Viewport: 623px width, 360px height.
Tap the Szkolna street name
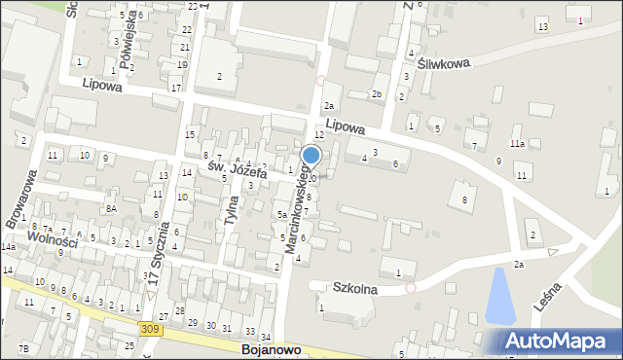(x=356, y=288)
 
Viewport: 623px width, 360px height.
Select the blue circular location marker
(x=311, y=155)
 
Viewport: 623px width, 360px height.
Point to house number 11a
(x=517, y=143)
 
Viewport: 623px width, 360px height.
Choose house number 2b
(x=377, y=93)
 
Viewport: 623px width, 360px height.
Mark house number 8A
(x=112, y=208)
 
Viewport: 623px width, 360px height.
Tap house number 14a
(x=8, y=248)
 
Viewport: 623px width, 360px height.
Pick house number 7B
(x=23, y=347)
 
